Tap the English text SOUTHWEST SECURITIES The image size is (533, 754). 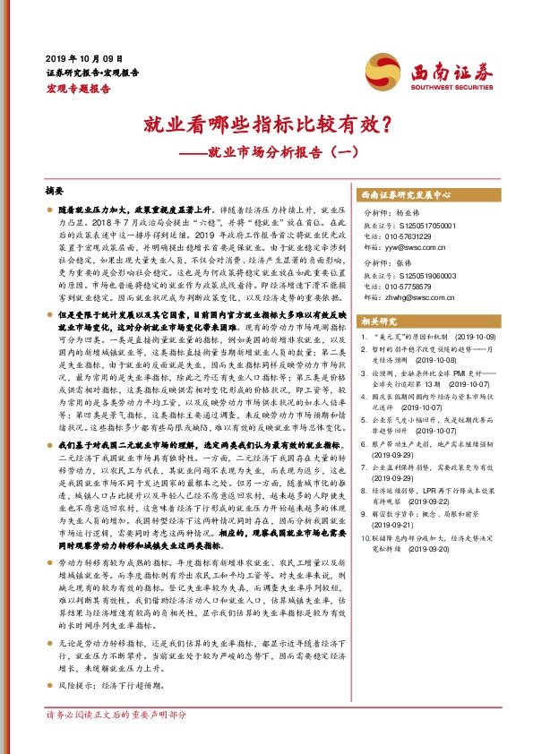point(444,87)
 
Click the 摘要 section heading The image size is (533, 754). point(55,191)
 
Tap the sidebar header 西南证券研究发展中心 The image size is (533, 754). point(405,194)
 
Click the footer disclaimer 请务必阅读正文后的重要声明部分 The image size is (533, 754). point(116,740)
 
